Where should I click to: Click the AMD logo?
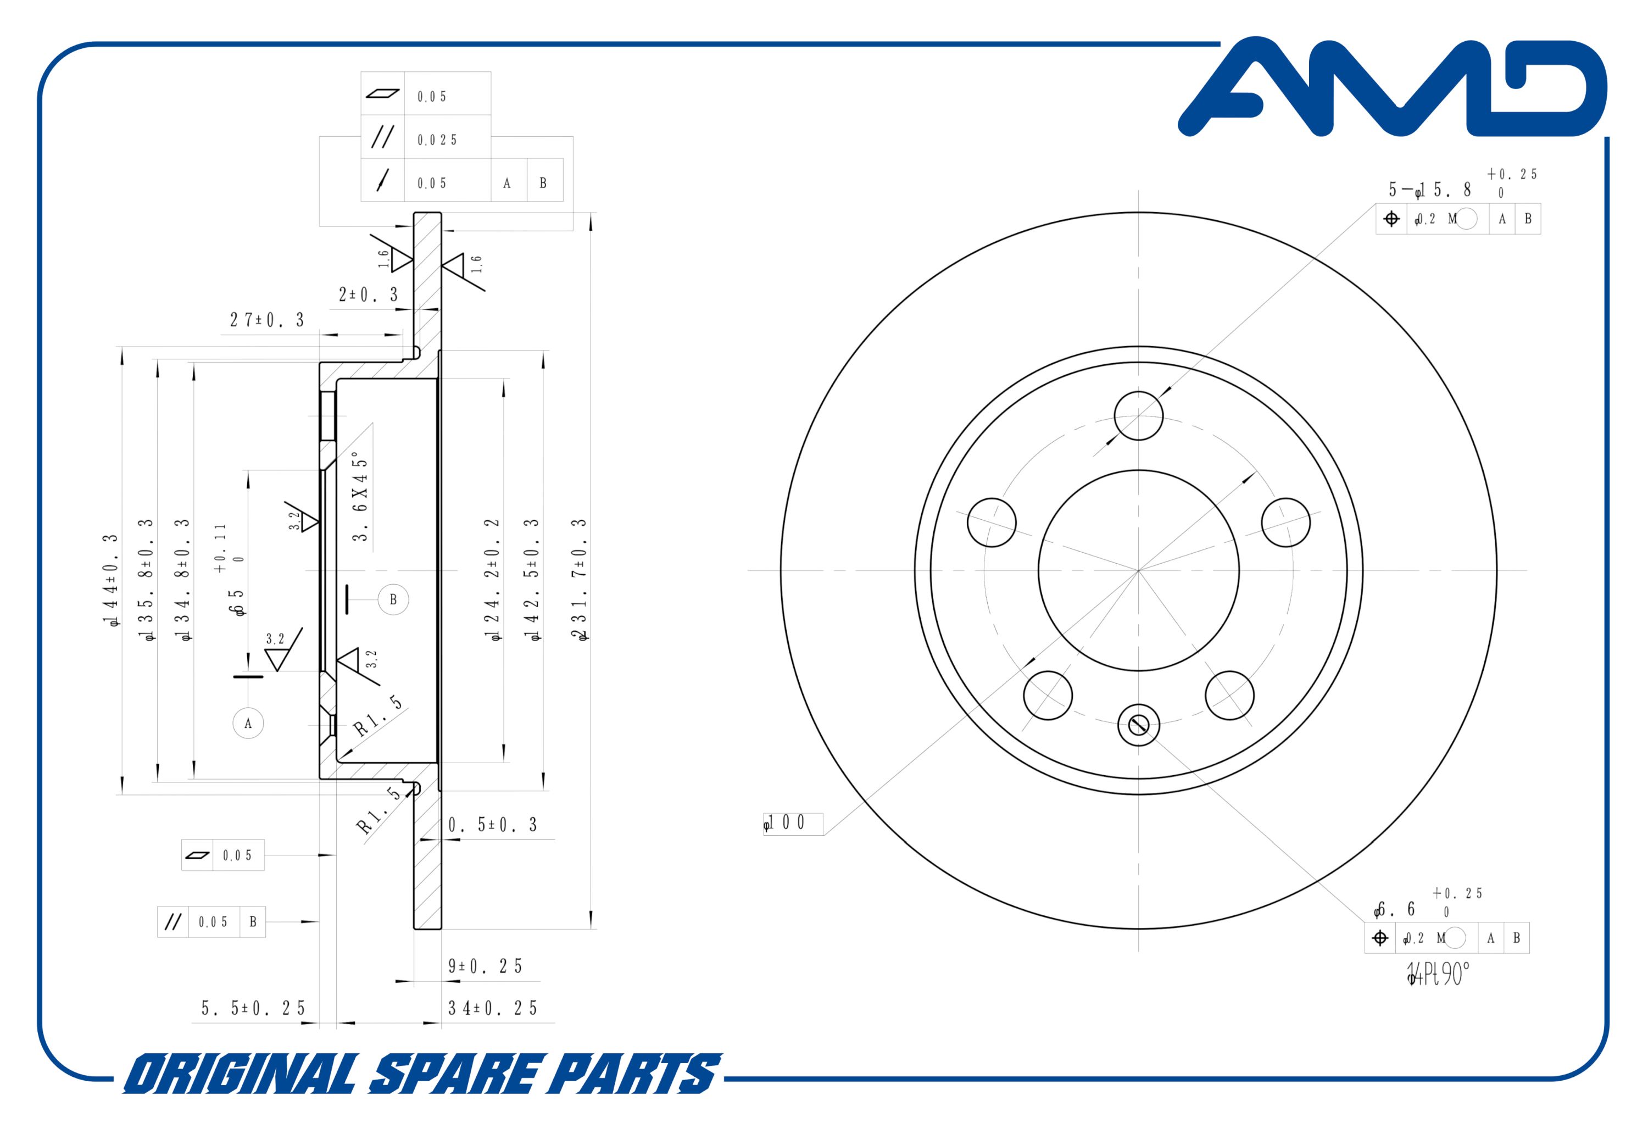click(x=1392, y=87)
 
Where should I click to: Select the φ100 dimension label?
click(x=784, y=823)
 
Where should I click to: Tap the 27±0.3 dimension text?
click(x=266, y=320)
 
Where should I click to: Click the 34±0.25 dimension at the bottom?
click(x=493, y=1008)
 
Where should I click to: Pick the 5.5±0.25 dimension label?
click(x=253, y=1008)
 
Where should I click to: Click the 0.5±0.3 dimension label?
click(x=493, y=824)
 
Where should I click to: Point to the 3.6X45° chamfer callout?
click(x=361, y=496)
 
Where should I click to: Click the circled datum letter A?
click(x=248, y=724)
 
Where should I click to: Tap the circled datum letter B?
click(x=393, y=599)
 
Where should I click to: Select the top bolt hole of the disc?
click(x=1138, y=416)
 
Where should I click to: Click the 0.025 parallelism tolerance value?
click(x=437, y=140)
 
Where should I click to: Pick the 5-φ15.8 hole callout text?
click(x=1429, y=190)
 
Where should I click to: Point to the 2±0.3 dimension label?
click(x=368, y=294)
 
